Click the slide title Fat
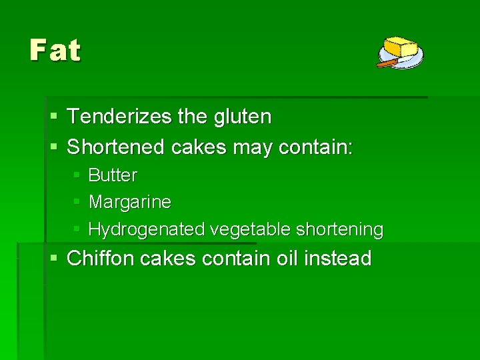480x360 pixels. [55, 50]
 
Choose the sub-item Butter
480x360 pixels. [113, 175]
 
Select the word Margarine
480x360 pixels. [129, 201]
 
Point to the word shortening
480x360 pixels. [339, 229]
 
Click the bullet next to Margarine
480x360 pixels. [77, 201]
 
